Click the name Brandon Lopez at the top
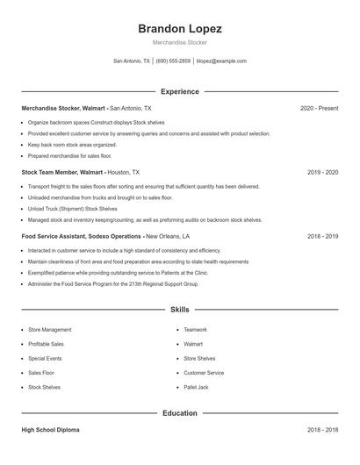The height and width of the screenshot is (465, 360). [179, 28]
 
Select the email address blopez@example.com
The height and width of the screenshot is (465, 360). [221, 61]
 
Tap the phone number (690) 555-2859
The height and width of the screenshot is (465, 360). [174, 61]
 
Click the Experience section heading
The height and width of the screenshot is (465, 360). [179, 91]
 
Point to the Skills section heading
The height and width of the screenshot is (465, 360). [179, 310]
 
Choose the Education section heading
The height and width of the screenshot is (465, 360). [179, 412]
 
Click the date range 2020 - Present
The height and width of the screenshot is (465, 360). [319, 108]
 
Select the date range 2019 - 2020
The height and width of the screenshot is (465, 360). [322, 173]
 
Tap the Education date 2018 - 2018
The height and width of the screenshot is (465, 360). [322, 431]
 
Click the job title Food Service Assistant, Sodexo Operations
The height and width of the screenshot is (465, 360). [81, 237]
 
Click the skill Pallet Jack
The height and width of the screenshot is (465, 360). [196, 387]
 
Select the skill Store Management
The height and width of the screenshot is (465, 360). [49, 330]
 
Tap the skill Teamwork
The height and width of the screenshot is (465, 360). [195, 330]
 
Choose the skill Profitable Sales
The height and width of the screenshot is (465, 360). [46, 344]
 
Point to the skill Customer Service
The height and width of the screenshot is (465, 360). [204, 373]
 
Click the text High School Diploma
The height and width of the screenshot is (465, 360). [52, 431]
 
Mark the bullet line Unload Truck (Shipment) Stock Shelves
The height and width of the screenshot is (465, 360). [72, 209]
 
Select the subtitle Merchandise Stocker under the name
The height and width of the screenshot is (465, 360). [179, 42]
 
